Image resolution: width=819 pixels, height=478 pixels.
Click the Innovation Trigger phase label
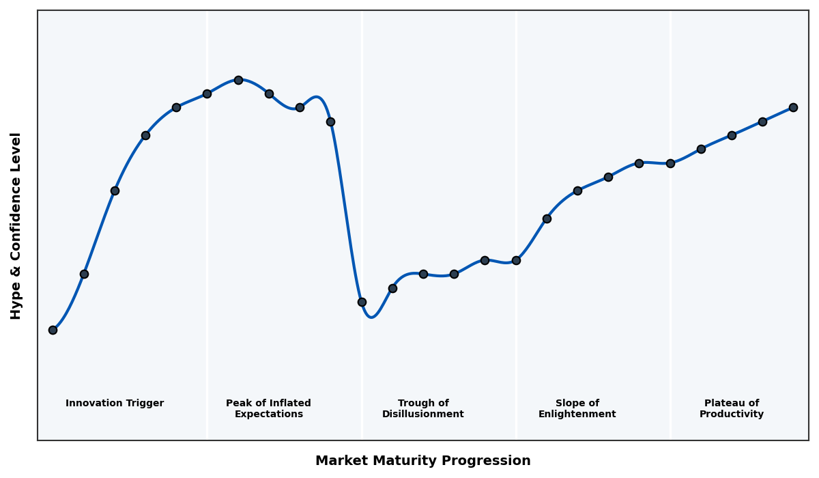(115, 404)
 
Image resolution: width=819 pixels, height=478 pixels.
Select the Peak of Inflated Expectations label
(268, 409)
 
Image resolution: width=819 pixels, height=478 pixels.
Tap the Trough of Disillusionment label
(423, 409)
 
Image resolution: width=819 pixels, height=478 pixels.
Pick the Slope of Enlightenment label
(577, 409)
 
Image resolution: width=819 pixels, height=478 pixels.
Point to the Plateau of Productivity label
(732, 409)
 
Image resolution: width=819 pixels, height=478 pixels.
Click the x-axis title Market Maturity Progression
(422, 461)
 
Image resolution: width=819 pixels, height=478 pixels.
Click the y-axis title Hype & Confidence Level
(16, 225)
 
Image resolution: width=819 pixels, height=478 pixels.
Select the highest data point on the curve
(238, 80)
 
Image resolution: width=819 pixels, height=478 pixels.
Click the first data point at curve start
(53, 330)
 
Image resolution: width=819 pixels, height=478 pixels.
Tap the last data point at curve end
(793, 107)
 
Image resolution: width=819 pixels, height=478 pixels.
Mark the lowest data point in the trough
(362, 302)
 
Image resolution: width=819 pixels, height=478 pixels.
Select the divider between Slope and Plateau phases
(670, 273)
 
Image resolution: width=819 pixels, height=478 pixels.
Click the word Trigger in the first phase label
(145, 404)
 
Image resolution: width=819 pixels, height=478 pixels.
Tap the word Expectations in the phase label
(268, 414)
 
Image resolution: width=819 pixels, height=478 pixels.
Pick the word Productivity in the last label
(732, 414)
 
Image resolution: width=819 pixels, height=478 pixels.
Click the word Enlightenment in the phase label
(577, 414)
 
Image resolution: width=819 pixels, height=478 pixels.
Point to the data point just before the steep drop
(330, 122)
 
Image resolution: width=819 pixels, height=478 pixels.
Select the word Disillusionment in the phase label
(423, 414)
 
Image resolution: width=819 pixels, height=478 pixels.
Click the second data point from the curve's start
(84, 274)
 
